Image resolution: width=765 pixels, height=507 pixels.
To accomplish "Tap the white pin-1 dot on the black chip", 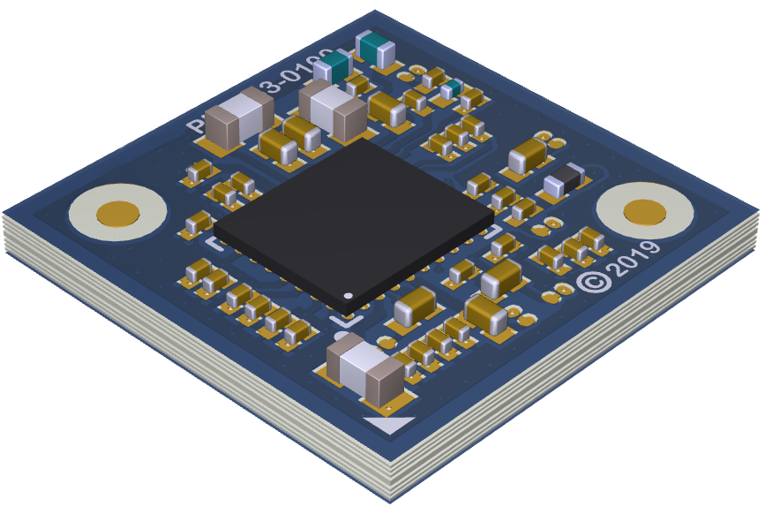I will (x=348, y=295).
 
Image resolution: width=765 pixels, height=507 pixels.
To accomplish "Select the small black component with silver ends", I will (x=563, y=180).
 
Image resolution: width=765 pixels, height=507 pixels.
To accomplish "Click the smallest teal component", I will (x=451, y=88).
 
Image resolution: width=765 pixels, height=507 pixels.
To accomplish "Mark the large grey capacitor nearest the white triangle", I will (x=364, y=368).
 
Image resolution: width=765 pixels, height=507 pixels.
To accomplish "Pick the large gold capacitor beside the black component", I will (x=529, y=155).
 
